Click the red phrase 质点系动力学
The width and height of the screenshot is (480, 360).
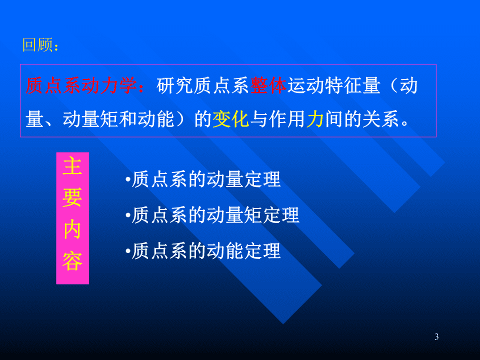click(81, 85)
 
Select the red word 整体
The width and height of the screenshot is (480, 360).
click(268, 85)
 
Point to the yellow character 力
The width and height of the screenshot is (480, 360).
click(315, 119)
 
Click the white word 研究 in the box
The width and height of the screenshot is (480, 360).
click(175, 85)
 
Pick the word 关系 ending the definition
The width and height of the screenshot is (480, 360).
click(381, 119)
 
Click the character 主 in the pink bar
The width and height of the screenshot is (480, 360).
click(72, 165)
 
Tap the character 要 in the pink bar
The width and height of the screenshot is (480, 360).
click(72, 197)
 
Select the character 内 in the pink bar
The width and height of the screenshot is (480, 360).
click(72, 229)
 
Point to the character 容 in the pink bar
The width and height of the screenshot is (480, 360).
click(72, 261)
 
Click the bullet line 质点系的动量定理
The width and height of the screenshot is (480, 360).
click(203, 179)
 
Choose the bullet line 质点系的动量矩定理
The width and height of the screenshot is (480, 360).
click(212, 215)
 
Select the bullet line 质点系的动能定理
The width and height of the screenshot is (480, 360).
click(203, 250)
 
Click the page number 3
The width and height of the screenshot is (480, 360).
click(436, 336)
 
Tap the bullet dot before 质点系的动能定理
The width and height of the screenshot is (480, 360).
click(128, 251)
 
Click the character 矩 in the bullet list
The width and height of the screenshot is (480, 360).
click(253, 215)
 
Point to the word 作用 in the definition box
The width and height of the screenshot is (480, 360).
click(287, 119)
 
